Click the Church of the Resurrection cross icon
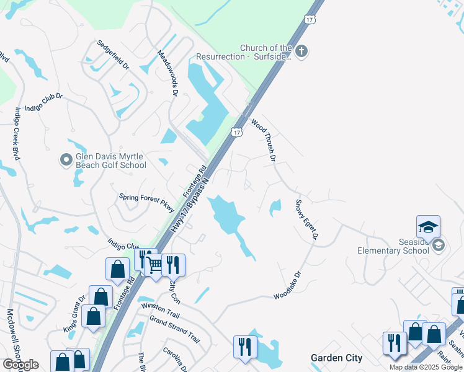coord(301,51)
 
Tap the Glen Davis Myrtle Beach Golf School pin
coord(66,161)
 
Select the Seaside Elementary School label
coord(393,246)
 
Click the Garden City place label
coord(336,358)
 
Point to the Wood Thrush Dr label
coord(263,140)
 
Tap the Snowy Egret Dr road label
coord(306,219)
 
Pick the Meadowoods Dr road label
coord(167,73)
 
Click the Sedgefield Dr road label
coord(112,55)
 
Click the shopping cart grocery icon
coord(154,265)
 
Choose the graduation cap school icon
coord(428,227)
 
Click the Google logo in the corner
coord(20,365)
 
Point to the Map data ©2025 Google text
coord(426,367)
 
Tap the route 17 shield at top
coord(310,20)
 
